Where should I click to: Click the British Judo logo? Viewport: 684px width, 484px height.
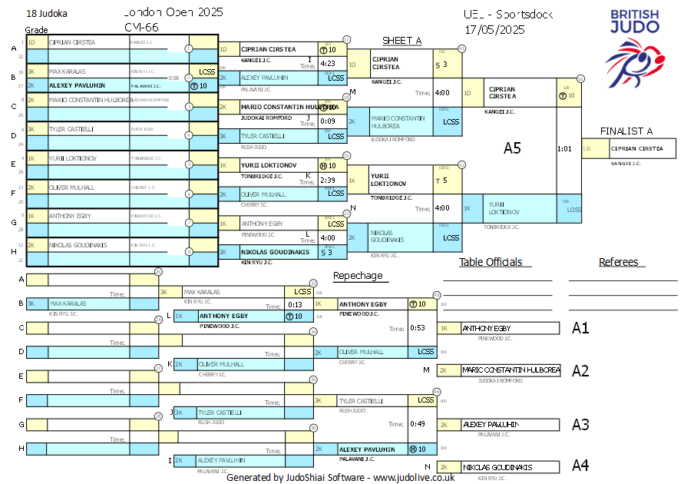634,44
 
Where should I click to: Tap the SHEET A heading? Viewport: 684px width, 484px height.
401,41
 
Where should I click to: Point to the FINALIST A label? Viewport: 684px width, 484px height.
626,131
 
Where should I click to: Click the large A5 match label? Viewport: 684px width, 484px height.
512,148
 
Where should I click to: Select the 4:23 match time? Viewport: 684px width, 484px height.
327,64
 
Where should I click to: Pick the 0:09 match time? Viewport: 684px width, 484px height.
327,121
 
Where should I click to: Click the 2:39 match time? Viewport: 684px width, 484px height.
327,180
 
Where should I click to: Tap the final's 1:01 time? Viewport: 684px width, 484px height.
564,148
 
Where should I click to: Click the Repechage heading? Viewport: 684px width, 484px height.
357,276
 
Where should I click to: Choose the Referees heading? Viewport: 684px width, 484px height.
618,262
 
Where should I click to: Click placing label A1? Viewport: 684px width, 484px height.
580,328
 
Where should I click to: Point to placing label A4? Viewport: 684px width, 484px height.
580,465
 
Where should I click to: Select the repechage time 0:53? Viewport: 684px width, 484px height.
418,328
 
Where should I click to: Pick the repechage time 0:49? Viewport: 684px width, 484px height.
418,423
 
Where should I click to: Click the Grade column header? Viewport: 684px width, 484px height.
36,30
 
